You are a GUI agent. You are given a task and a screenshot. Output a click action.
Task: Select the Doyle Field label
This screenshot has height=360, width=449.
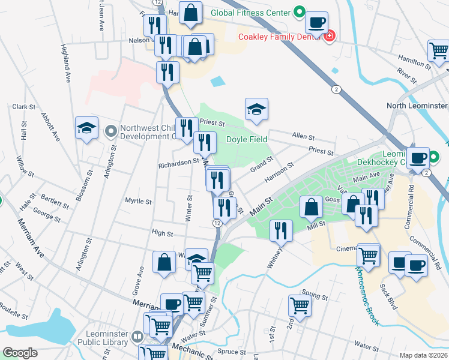(247, 139)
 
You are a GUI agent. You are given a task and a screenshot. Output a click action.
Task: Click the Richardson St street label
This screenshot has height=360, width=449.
(178, 161)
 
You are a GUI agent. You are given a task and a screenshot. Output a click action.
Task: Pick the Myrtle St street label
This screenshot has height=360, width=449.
(137, 201)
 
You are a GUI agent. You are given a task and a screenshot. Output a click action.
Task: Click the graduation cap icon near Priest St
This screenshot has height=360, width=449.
(256, 110)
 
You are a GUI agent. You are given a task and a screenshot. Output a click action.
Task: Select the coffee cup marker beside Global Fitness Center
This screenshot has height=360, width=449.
(316, 23)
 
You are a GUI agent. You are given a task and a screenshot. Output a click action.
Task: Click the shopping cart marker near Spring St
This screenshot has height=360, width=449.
(300, 305)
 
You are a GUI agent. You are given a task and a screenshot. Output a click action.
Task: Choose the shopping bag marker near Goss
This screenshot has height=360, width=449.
(312, 207)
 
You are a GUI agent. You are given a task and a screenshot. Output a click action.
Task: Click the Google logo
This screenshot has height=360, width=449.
(20, 353)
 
